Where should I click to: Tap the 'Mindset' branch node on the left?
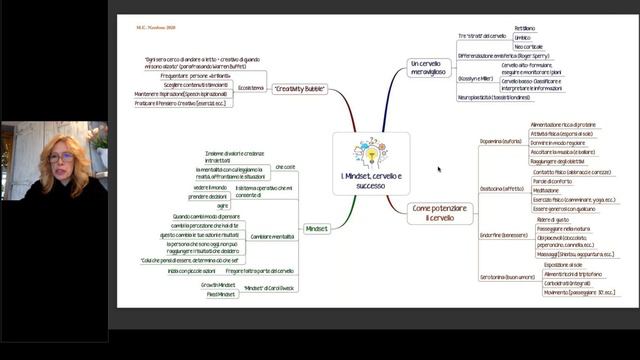316,228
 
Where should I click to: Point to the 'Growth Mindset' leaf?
219,284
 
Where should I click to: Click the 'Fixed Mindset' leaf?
221,294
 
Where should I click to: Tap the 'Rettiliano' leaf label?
524,29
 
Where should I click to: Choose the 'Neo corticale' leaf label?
529,47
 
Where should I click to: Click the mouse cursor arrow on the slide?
439,169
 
